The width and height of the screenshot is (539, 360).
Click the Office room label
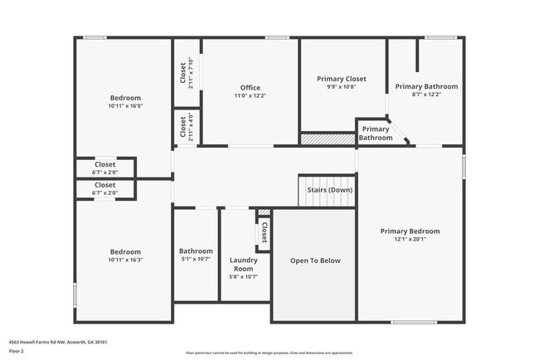point(250,87)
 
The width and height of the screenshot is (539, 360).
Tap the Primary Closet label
point(341,79)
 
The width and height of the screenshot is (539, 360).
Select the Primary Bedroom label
point(410,231)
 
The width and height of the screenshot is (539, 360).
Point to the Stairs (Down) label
point(329,190)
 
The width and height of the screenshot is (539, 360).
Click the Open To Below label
point(314,260)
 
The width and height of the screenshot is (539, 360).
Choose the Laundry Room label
point(243,264)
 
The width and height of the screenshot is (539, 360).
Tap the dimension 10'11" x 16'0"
point(124,106)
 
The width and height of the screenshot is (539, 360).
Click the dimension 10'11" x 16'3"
point(124,260)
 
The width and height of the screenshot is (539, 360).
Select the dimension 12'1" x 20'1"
point(410,240)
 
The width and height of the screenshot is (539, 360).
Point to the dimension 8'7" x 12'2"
point(426,95)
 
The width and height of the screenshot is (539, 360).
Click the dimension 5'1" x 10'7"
point(196,260)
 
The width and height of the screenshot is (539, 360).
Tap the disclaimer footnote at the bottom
point(269,353)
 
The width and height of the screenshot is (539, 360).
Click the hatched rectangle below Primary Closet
point(327,140)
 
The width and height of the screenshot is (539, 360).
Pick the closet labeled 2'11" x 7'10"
point(187,73)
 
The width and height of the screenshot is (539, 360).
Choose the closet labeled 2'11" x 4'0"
point(187,127)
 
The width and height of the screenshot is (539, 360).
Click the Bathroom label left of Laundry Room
point(196,251)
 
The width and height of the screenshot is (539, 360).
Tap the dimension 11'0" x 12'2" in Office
point(250,96)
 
